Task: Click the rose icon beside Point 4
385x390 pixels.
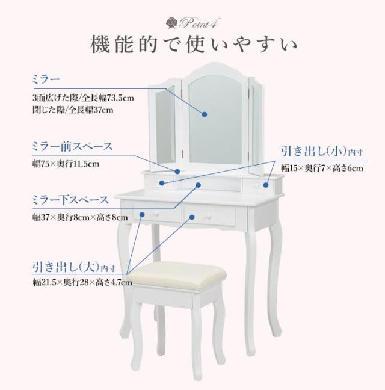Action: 171,23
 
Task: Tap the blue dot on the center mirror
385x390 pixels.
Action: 205,114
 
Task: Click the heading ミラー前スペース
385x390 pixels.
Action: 72,147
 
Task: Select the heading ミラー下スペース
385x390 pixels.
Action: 70,200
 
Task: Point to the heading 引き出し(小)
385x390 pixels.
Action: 322,151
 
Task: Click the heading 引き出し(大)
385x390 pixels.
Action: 74,267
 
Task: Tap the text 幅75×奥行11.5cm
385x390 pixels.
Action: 66,164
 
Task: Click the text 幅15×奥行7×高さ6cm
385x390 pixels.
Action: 322,169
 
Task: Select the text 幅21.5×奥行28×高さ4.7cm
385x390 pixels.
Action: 82,282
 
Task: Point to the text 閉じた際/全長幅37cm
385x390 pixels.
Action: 73,110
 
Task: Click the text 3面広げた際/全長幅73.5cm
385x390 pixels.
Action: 83,97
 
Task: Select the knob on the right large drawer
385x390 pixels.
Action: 207,218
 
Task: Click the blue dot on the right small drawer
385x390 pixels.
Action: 266,185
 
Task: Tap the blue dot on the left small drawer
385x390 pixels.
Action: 162,183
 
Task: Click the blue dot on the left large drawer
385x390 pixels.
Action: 142,215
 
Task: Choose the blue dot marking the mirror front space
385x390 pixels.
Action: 177,172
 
